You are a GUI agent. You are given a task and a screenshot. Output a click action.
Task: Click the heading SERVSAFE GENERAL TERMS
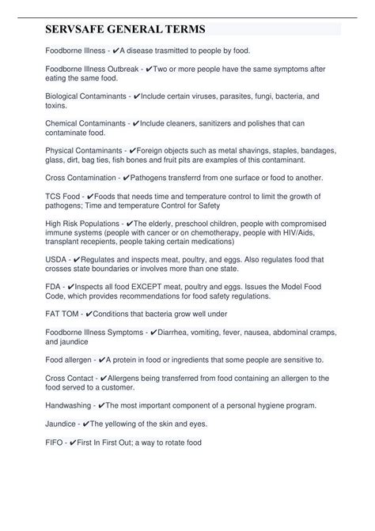[126, 29]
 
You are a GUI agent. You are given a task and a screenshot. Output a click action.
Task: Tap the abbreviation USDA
[55, 258]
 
